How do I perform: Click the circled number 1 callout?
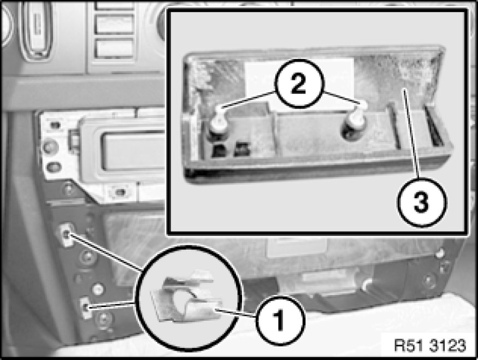[280, 320]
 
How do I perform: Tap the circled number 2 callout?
[298, 84]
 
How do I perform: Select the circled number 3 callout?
[422, 202]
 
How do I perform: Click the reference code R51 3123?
[430, 346]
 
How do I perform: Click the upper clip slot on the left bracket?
[67, 234]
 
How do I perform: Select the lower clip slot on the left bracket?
[86, 308]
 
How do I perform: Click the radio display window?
[134, 151]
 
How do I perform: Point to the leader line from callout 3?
[412, 134]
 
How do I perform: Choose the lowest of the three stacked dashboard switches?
[114, 49]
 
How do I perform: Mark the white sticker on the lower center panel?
[297, 246]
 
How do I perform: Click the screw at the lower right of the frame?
[428, 280]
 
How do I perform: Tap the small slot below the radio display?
[121, 192]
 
